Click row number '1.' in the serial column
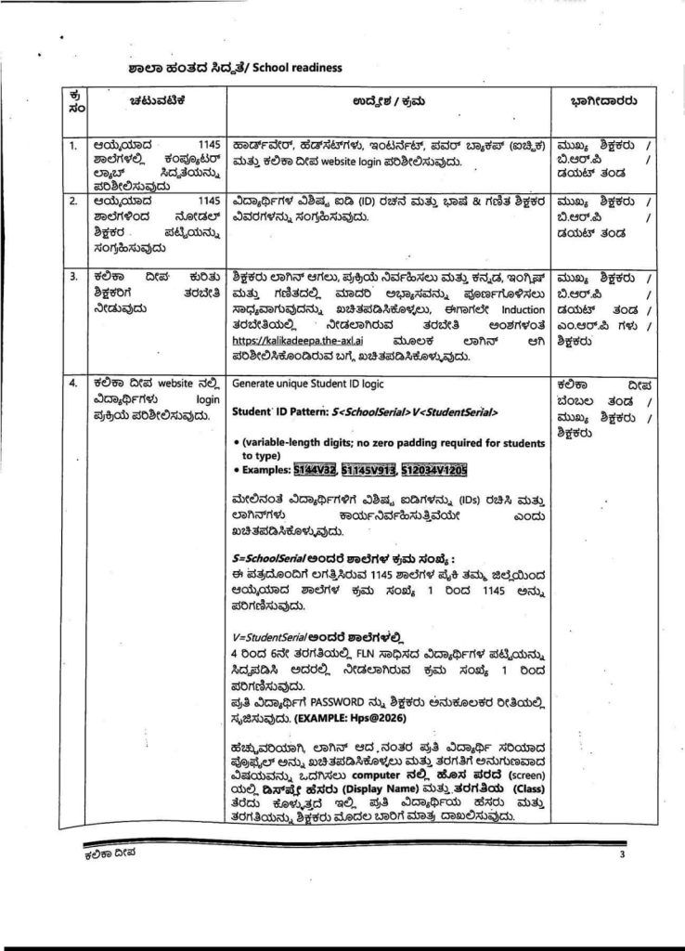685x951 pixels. point(72,146)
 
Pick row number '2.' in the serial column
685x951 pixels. point(72,200)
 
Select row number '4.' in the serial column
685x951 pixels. point(72,383)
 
